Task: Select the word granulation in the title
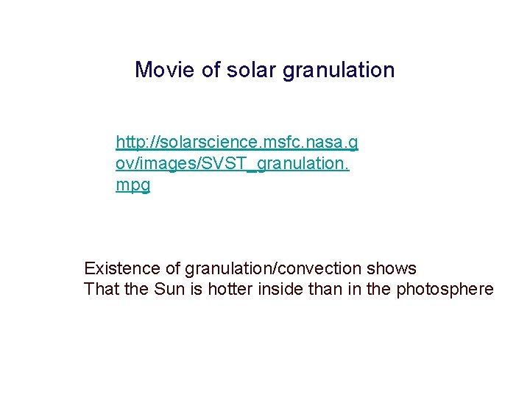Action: point(339,70)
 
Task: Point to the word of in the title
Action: point(211,70)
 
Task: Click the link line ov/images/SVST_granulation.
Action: point(232,162)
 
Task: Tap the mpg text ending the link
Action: point(132,185)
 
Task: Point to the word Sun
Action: point(170,289)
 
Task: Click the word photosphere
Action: point(445,289)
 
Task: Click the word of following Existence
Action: point(173,268)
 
